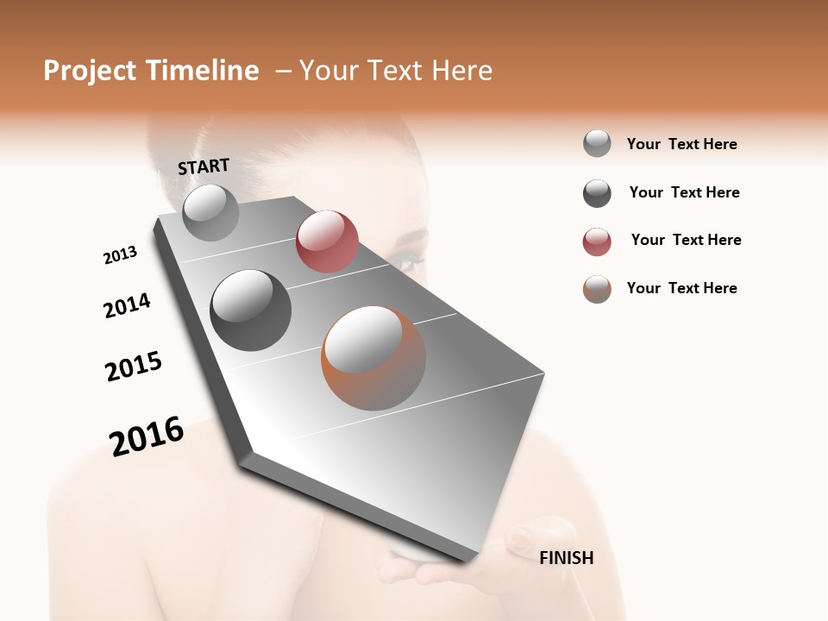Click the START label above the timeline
(204, 166)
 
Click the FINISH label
(566, 558)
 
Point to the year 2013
(120, 255)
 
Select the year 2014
(127, 305)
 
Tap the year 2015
(134, 367)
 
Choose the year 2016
(147, 436)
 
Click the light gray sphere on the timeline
(211, 212)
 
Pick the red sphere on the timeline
(327, 241)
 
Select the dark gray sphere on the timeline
(251, 310)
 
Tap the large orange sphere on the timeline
(373, 358)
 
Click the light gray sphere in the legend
(597, 144)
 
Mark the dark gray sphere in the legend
(597, 193)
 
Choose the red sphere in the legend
(597, 241)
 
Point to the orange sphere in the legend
(597, 289)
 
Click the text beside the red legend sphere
(686, 240)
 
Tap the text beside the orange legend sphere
(681, 288)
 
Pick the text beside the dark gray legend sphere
(684, 192)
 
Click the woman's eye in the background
(405, 255)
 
